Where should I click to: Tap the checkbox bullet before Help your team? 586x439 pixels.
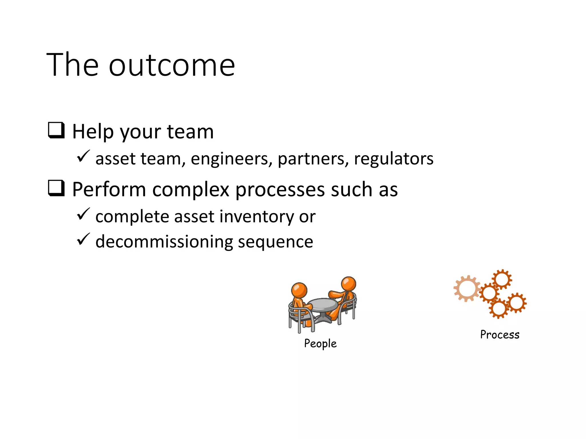(x=56, y=130)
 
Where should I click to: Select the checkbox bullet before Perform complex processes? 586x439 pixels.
(x=56, y=188)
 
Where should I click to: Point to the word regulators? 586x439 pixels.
(x=394, y=159)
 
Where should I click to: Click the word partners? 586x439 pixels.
(x=313, y=159)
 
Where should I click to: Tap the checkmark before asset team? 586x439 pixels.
(x=83, y=156)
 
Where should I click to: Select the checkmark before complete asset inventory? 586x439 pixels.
(x=83, y=214)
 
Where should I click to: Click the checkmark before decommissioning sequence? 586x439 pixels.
(x=83, y=239)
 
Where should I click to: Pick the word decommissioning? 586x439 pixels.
(x=164, y=242)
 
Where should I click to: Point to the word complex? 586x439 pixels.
(x=191, y=190)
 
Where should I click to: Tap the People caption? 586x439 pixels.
(x=320, y=344)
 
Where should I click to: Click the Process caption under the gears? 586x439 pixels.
(x=500, y=335)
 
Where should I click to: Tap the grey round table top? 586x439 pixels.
(x=323, y=305)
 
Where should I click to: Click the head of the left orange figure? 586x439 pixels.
(x=299, y=290)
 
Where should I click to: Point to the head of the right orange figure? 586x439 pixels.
(x=349, y=284)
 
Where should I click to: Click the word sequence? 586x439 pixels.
(x=275, y=242)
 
